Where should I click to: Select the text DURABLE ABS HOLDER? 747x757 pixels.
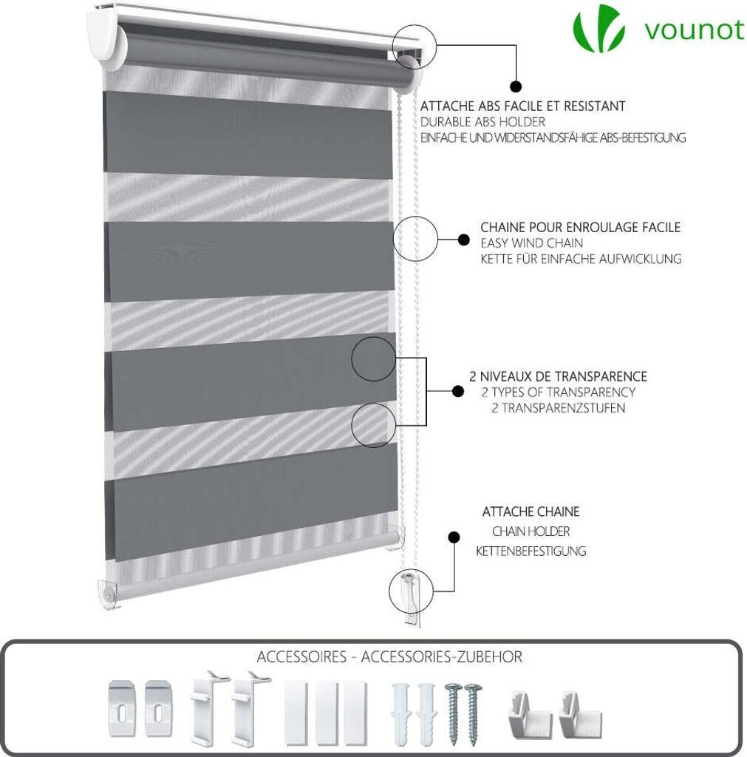(x=482, y=122)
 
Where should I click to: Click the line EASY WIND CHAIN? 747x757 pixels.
(x=531, y=242)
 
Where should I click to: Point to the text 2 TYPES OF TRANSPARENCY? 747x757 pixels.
(x=558, y=392)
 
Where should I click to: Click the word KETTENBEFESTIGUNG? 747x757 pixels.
(x=531, y=551)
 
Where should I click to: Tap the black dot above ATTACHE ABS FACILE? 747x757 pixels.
(x=516, y=86)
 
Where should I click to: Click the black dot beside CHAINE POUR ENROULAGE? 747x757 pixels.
(x=464, y=240)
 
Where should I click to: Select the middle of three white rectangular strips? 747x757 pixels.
(x=326, y=711)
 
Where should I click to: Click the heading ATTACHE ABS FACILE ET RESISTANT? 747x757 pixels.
(x=522, y=106)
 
